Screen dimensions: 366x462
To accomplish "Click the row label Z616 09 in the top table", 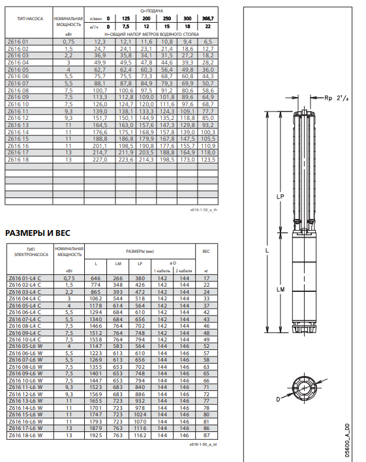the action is [18, 97].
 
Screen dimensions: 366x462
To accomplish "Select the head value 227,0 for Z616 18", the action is [100, 160].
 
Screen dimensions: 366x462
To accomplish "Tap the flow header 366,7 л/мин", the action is [208, 18].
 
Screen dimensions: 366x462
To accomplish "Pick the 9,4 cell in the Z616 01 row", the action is [187, 42].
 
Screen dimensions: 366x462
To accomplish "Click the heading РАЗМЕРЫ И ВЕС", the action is [38, 233].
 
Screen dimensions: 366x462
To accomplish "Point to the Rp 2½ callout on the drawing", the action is [337, 98].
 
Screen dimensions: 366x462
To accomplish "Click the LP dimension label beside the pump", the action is [280, 197].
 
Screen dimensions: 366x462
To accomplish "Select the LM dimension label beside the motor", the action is [281, 289].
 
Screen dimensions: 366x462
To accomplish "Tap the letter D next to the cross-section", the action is [278, 399].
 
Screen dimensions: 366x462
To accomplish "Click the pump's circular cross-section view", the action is [305, 388].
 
